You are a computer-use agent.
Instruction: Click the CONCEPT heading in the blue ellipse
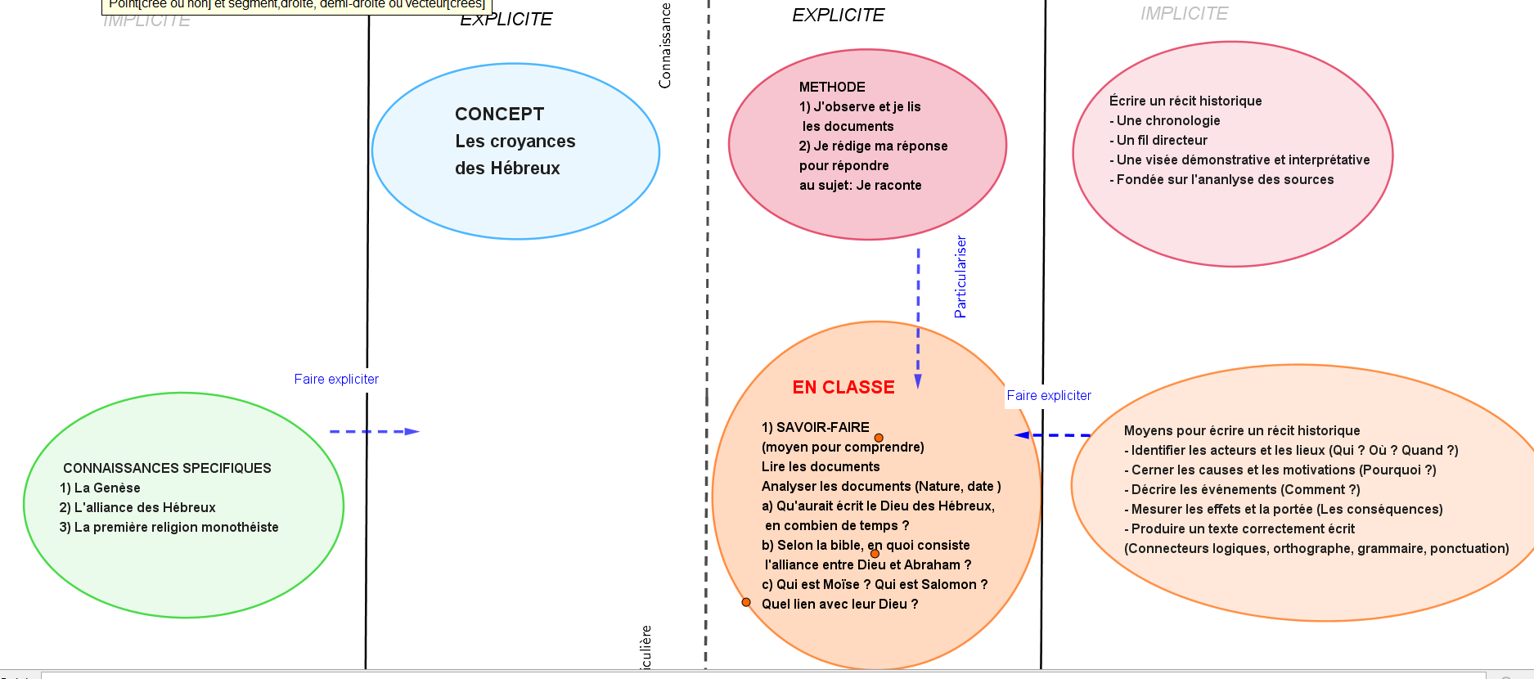click(x=499, y=115)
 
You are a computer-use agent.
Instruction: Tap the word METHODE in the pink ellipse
click(x=832, y=88)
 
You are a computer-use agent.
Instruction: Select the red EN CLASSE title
click(x=843, y=388)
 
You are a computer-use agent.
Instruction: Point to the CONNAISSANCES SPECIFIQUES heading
click(x=167, y=469)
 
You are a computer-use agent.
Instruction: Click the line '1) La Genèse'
click(x=100, y=488)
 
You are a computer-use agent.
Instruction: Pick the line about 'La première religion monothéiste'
click(x=169, y=528)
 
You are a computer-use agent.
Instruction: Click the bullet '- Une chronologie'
click(x=1165, y=121)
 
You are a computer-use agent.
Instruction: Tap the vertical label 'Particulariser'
click(x=960, y=277)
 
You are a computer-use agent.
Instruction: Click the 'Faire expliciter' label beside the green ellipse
click(x=336, y=380)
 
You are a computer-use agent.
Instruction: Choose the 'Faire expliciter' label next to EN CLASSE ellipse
click(x=1049, y=396)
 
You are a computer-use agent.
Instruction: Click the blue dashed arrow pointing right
click(x=374, y=431)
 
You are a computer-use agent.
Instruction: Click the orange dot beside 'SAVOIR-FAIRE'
click(x=879, y=438)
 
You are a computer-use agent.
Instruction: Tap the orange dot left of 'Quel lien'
click(x=746, y=602)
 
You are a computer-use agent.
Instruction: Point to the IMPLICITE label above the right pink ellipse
click(x=1184, y=14)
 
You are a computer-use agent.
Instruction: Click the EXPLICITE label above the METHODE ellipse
click(x=838, y=16)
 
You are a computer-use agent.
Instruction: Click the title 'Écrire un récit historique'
click(x=1185, y=101)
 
